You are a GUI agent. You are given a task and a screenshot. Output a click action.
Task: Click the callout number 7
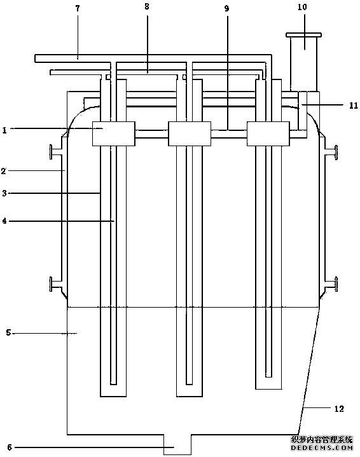coord(78,8)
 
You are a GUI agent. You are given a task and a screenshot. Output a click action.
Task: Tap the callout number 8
coord(147,6)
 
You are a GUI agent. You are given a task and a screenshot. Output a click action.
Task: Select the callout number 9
coord(226,8)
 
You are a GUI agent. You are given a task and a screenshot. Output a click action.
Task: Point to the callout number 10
coord(303,7)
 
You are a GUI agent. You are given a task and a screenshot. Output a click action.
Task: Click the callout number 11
coord(354,106)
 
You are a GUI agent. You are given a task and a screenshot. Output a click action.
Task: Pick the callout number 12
coord(339,409)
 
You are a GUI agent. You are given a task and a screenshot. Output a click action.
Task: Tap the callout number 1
coord(4,130)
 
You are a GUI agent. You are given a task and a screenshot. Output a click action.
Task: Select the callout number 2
coord(4,171)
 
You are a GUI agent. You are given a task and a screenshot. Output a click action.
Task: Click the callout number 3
coord(4,193)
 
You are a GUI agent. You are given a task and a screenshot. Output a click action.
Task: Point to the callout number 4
coord(4,221)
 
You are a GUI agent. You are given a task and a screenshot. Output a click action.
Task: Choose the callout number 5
coord(8,332)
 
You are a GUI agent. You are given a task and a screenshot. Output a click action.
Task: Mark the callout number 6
coord(10,447)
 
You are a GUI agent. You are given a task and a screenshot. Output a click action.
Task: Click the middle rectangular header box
coord(190,133)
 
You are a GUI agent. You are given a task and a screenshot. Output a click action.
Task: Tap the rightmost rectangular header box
coord(268,133)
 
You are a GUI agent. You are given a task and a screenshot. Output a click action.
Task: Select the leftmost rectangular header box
coord(113,133)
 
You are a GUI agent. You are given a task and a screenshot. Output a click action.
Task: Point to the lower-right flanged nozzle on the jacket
coord(332,284)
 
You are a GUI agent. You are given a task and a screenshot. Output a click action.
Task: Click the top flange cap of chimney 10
coord(303,35)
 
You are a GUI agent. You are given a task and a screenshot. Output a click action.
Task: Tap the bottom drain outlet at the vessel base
coord(177,444)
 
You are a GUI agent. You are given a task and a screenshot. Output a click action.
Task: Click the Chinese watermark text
coord(322,439)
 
